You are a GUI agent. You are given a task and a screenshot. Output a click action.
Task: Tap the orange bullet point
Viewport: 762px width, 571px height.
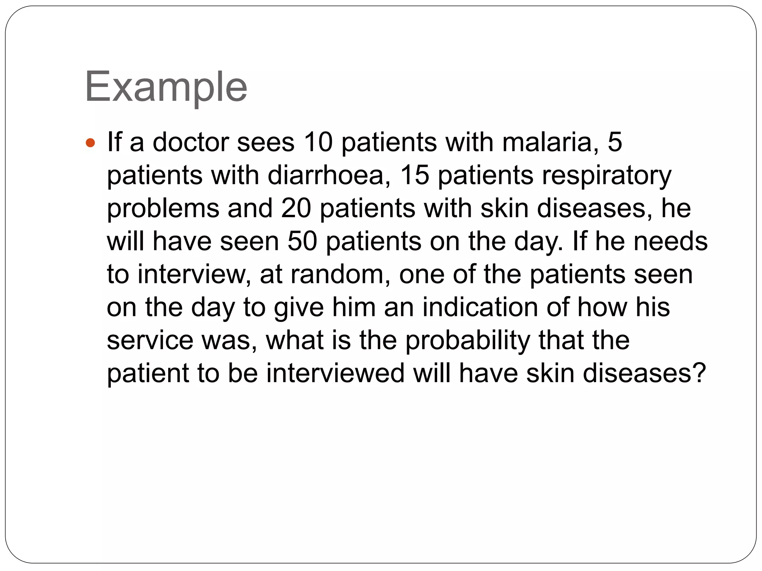(x=90, y=142)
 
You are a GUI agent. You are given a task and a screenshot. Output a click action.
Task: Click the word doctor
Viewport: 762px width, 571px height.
(x=190, y=142)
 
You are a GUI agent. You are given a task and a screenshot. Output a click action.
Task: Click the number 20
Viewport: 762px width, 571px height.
(x=296, y=208)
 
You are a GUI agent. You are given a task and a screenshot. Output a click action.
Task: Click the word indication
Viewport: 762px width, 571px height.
(x=480, y=307)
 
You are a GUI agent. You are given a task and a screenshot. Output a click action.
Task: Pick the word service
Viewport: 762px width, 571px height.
(x=150, y=340)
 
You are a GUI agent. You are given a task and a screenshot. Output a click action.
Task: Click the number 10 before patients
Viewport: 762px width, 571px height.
(x=318, y=142)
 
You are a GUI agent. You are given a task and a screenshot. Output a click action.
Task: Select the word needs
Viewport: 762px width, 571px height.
(x=670, y=241)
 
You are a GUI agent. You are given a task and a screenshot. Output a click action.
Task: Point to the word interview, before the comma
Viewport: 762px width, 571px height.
(x=192, y=274)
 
